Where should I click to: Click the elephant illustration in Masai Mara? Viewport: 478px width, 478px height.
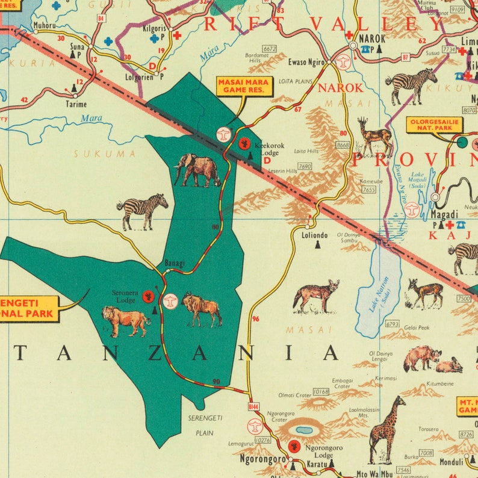pyautogui.click(x=197, y=170)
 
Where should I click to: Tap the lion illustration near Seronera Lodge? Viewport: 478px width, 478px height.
pyautogui.click(x=126, y=321)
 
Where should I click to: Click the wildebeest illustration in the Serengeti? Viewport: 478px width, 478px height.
pyautogui.click(x=202, y=309)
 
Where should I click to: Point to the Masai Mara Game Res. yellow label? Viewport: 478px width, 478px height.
pyautogui.click(x=244, y=86)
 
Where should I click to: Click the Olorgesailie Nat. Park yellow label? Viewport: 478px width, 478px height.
pyautogui.click(x=434, y=125)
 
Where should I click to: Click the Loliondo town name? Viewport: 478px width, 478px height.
pyautogui.click(x=315, y=236)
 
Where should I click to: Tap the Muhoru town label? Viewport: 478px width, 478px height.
pyautogui.click(x=45, y=26)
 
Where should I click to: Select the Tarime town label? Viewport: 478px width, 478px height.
pyautogui.click(x=76, y=104)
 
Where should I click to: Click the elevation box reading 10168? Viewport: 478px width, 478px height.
pyautogui.click(x=321, y=392)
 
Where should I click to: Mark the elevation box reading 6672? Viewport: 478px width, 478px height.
pyautogui.click(x=269, y=48)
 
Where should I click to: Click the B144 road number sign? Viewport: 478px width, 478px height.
pyautogui.click(x=253, y=408)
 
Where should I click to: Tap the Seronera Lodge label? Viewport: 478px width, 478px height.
pyautogui.click(x=125, y=297)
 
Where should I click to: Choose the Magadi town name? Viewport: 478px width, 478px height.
pyautogui.click(x=444, y=214)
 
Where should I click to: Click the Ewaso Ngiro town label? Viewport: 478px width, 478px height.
pyautogui.click(x=306, y=62)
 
